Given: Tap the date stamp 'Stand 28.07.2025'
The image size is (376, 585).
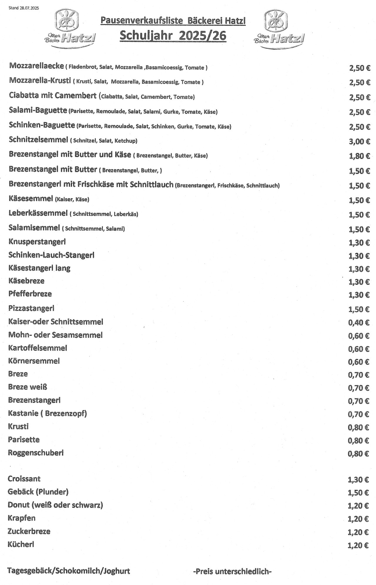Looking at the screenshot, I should click(23, 8).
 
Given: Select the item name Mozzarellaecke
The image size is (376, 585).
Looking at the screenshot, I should click(36, 66).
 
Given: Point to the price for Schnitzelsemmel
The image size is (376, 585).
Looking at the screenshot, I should click(359, 142).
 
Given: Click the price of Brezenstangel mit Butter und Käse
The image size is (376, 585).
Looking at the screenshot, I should click(359, 156).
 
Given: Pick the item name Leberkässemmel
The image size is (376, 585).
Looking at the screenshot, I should click(38, 213).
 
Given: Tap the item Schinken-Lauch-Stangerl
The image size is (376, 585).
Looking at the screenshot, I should click(51, 255).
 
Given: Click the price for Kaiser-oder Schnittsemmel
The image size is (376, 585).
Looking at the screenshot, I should click(359, 323).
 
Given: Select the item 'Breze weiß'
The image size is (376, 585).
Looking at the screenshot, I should click(28, 387).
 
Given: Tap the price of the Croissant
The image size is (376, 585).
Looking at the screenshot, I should click(358, 480).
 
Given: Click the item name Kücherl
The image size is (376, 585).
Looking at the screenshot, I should click(21, 544).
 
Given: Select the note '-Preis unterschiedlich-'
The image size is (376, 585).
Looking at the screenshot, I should click(232, 571).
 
